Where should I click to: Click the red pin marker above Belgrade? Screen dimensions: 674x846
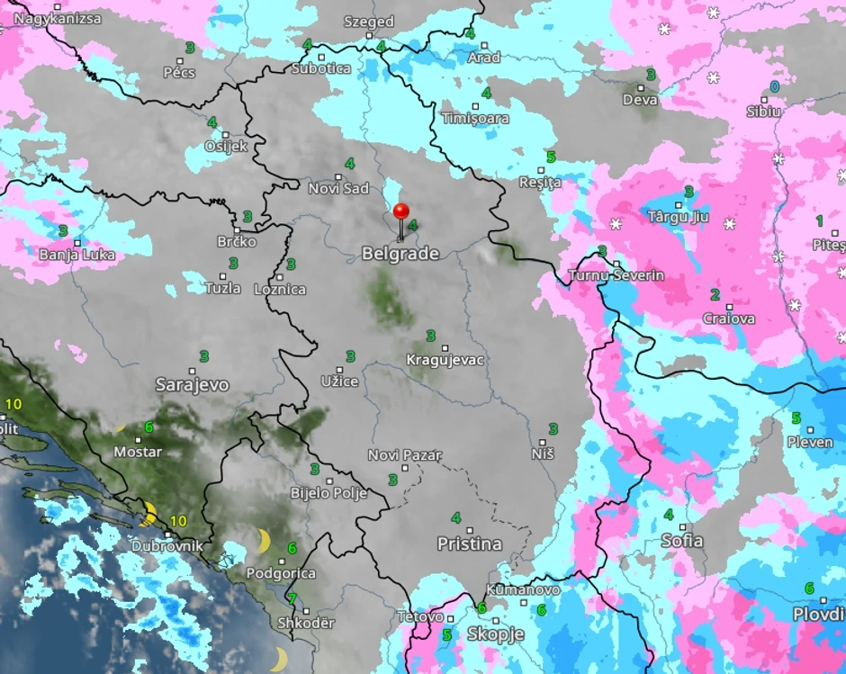pyautogui.click(x=401, y=211)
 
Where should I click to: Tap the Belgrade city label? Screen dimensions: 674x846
pyautogui.click(x=400, y=254)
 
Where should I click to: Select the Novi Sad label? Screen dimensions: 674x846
pyautogui.click(x=338, y=188)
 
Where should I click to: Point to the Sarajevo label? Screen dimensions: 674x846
pyautogui.click(x=192, y=385)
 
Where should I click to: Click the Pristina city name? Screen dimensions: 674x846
pyautogui.click(x=469, y=544)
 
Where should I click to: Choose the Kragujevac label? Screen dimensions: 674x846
pyautogui.click(x=445, y=360)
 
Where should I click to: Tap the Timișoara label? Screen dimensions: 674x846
pyautogui.click(x=475, y=118)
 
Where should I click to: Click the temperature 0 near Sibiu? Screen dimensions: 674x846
pyautogui.click(x=774, y=86)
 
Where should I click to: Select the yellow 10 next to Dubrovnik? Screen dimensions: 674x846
pyautogui.click(x=178, y=520)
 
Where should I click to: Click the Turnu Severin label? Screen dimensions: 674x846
pyautogui.click(x=616, y=274)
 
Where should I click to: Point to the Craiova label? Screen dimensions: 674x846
pyautogui.click(x=728, y=319)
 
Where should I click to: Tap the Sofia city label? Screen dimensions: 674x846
pyautogui.click(x=681, y=541)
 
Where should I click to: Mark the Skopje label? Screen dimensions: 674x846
pyautogui.click(x=495, y=634)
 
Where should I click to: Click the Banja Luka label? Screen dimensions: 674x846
pyautogui.click(x=76, y=255)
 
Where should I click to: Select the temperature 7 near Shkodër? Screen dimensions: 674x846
pyautogui.click(x=291, y=598)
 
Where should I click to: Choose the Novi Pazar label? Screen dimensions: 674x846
pyautogui.click(x=404, y=455)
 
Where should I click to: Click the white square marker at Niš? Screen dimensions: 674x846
pyautogui.click(x=543, y=442)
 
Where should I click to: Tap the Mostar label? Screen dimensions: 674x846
pyautogui.click(x=137, y=452)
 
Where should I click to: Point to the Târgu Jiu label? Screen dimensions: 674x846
pyautogui.click(x=679, y=217)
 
